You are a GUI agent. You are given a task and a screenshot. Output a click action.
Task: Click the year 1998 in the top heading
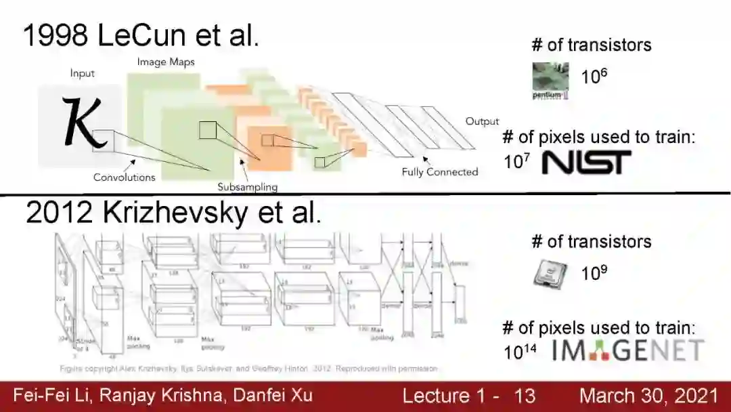pyautogui.click(x=56, y=35)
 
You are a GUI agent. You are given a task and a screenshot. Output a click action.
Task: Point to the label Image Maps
pyautogui.click(x=166, y=62)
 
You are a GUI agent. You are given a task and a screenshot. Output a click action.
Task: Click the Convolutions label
pyautogui.click(x=124, y=178)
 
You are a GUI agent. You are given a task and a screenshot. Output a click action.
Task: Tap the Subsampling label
pyautogui.click(x=247, y=186)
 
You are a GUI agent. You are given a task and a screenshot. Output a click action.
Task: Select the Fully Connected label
pyautogui.click(x=439, y=172)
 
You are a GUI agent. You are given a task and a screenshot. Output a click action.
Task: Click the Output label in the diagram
pyautogui.click(x=481, y=122)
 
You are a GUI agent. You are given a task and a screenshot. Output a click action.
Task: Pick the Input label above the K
pyautogui.click(x=83, y=73)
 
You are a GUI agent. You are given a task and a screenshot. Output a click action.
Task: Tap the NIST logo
pyautogui.click(x=586, y=162)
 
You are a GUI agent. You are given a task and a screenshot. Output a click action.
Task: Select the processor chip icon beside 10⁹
pyautogui.click(x=550, y=275)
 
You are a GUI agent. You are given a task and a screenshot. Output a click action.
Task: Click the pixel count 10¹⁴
pyautogui.click(x=519, y=352)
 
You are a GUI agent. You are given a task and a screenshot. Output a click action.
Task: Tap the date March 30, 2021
pyautogui.click(x=648, y=396)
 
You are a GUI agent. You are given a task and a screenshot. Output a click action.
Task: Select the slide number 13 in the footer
pyautogui.click(x=525, y=396)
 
